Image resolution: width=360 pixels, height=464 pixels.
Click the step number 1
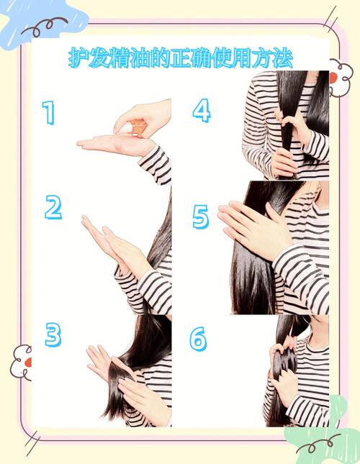click(49, 112)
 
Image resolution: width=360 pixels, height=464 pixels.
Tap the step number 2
click(53, 207)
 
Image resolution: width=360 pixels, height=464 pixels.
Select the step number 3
click(53, 335)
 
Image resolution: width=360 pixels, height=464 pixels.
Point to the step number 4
click(202, 110)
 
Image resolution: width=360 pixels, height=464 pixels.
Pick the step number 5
click(201, 217)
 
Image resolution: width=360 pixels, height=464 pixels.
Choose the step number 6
click(198, 339)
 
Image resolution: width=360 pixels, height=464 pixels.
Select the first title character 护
click(78, 58)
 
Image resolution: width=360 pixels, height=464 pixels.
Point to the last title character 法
click(282, 58)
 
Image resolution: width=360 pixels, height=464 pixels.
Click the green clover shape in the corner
click(323, 429)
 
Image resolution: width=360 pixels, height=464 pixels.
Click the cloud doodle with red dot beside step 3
click(22, 362)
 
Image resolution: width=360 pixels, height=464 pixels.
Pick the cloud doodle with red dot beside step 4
click(341, 78)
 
